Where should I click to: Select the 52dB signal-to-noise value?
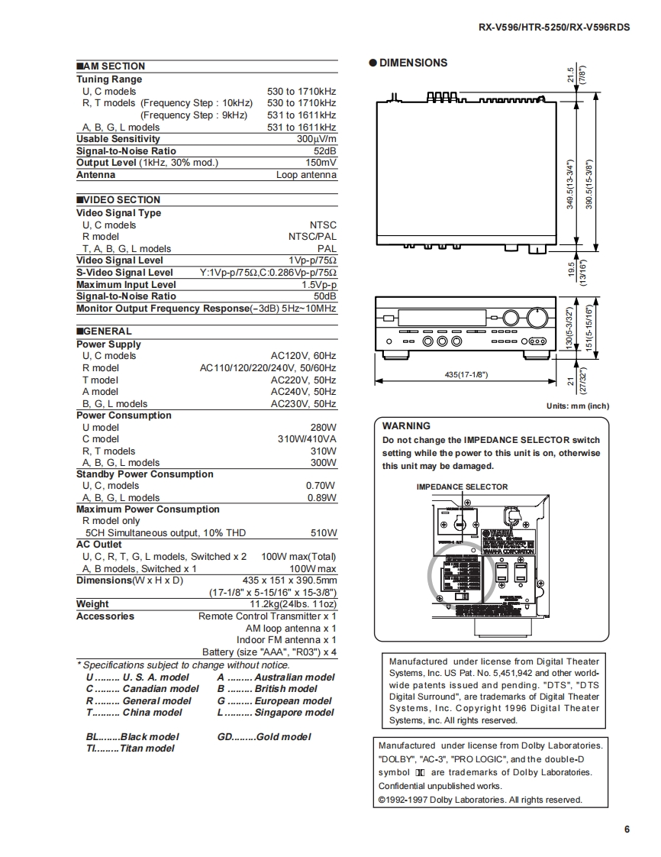tap(324, 150)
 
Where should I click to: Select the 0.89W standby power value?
tap(321, 497)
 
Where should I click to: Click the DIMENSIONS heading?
tap(413, 63)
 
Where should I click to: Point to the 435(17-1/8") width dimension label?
tap(466, 374)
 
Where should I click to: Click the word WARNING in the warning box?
tap(406, 426)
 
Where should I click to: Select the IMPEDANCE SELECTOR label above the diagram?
tap(462, 487)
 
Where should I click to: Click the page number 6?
tap(627, 830)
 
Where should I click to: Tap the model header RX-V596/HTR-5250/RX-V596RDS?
tap(554, 27)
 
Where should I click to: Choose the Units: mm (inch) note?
tap(578, 406)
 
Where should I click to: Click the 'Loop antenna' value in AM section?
tap(306, 175)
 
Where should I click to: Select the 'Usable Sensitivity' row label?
tap(118, 139)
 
